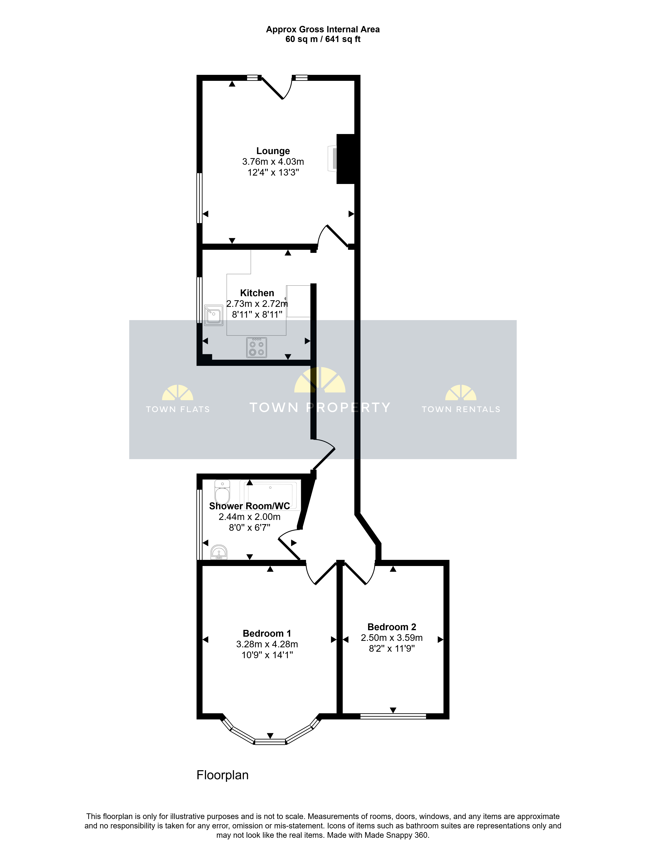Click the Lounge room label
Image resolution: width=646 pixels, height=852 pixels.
pyautogui.click(x=273, y=151)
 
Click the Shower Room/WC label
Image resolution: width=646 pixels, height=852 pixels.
pyautogui.click(x=249, y=506)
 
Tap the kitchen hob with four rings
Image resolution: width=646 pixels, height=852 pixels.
pyautogui.click(x=257, y=347)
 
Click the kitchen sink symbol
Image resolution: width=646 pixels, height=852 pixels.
pyautogui.click(x=214, y=315)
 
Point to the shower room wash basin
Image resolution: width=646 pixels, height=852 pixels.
pyautogui.click(x=219, y=552)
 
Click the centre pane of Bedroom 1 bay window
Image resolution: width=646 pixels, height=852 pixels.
pyautogui.click(x=270, y=741)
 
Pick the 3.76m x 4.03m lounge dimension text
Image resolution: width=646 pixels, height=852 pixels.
pyautogui.click(x=273, y=162)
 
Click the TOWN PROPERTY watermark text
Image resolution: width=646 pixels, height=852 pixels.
pyautogui.click(x=320, y=408)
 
